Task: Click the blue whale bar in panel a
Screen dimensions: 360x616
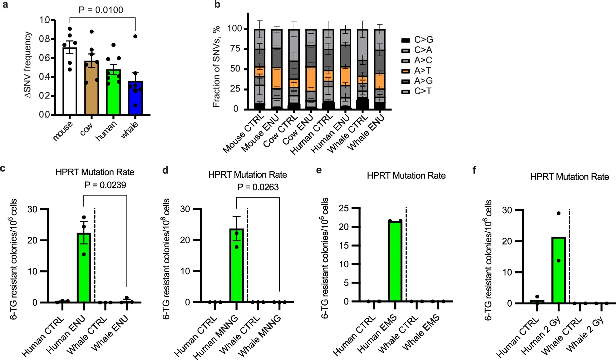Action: (x=135, y=98)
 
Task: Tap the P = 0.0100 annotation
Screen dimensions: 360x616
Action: (x=101, y=10)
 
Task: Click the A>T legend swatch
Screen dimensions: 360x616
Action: (x=405, y=71)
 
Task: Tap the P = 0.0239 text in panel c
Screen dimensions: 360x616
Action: (x=105, y=185)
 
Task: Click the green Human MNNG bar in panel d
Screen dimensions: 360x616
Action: (x=236, y=265)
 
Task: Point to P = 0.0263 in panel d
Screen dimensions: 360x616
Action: (x=258, y=187)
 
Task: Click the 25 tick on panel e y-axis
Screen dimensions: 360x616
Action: (x=343, y=208)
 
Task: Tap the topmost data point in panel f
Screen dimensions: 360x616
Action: (x=558, y=213)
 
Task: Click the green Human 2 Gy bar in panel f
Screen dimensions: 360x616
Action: (x=558, y=270)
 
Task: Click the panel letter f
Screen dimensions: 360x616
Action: (x=474, y=170)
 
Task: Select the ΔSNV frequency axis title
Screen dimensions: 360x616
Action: (x=28, y=65)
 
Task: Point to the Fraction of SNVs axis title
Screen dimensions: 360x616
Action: (x=216, y=66)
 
